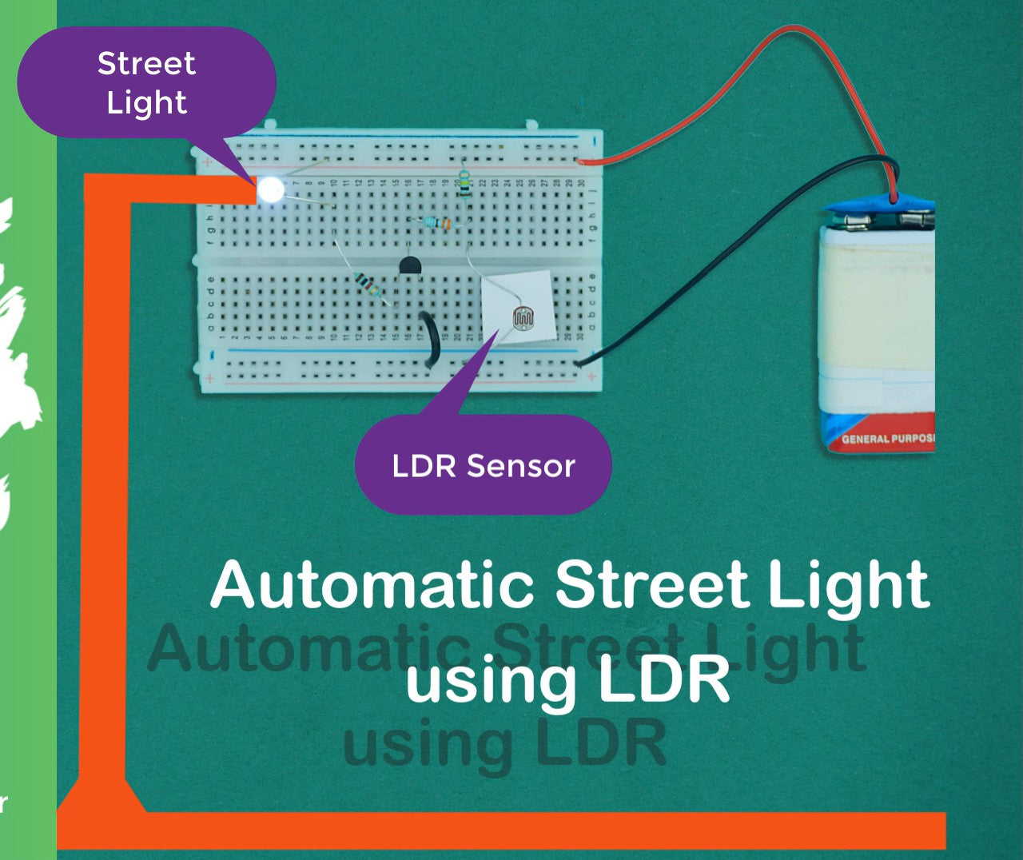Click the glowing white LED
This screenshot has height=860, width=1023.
[x=271, y=189]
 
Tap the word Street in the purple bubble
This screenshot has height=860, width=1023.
[x=146, y=64]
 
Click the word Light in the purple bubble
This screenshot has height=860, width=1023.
[x=146, y=102]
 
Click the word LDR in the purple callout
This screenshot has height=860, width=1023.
[x=423, y=466]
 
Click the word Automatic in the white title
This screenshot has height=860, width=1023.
[x=372, y=586]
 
